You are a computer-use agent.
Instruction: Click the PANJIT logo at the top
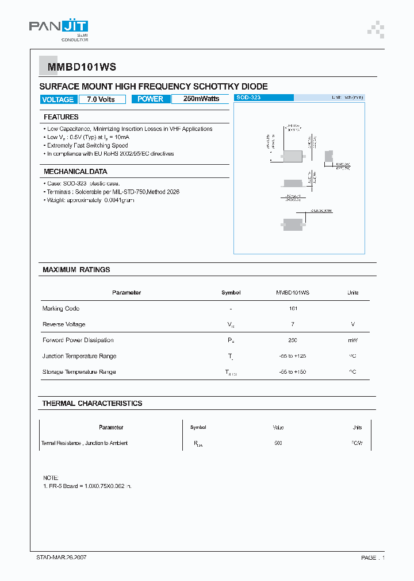click(59, 28)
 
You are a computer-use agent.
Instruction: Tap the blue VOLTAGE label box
click(58, 99)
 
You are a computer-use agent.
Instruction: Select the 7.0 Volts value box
click(101, 99)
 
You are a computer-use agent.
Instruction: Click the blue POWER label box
click(151, 99)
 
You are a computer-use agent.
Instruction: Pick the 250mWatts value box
click(201, 99)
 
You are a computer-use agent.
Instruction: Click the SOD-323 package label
click(249, 98)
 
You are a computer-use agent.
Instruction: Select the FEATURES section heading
click(61, 117)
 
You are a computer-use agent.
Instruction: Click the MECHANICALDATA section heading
click(75, 172)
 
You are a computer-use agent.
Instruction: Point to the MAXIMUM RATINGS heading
click(76, 270)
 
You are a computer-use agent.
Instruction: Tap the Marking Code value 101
click(293, 309)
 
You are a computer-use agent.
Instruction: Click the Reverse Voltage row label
click(64, 324)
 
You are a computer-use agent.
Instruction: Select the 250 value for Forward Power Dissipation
click(293, 340)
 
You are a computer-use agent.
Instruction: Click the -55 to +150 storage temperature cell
click(293, 372)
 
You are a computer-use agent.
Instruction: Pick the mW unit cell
click(352, 340)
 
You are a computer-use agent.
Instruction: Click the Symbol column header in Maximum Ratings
click(231, 293)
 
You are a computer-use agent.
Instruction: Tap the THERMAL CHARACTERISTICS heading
click(92, 404)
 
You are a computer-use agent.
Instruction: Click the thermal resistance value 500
click(278, 443)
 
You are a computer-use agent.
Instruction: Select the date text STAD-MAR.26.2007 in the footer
click(62, 557)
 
